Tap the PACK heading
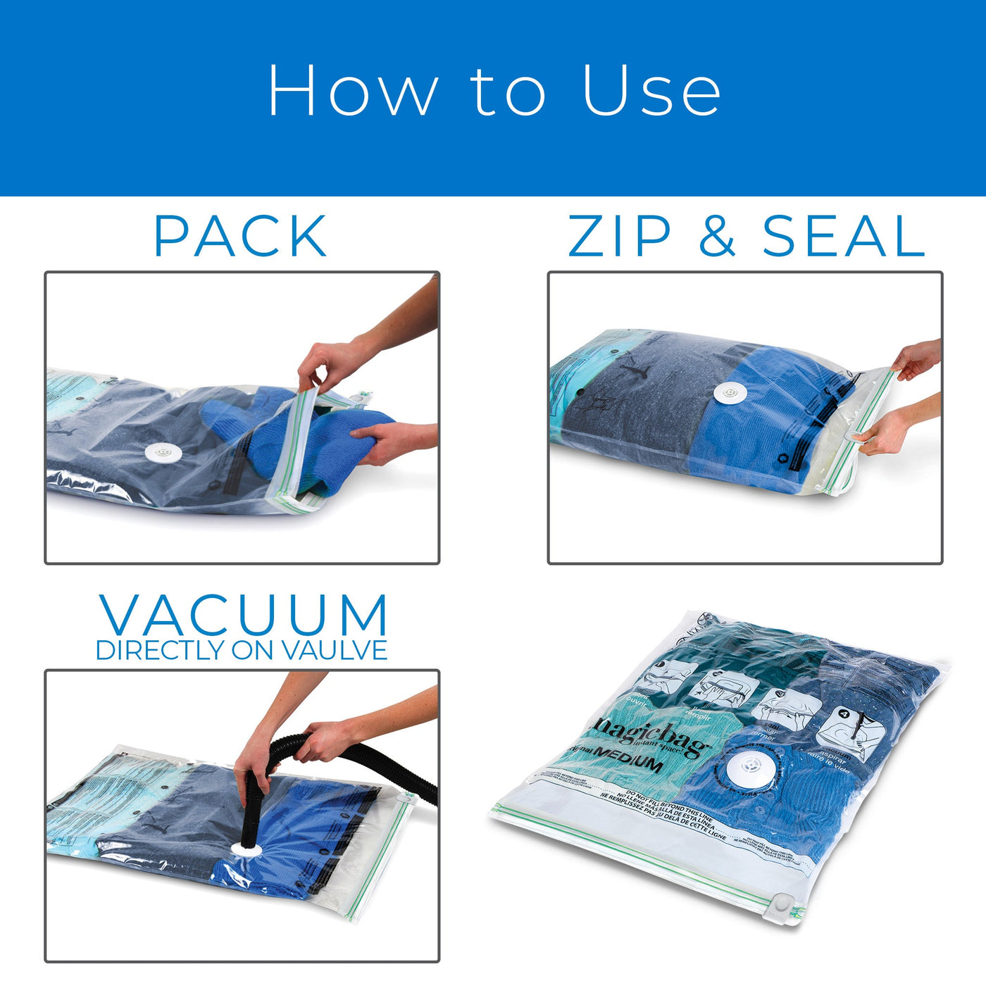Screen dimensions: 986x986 pyautogui.click(x=240, y=237)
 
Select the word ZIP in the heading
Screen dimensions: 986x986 pyautogui.click(x=619, y=237)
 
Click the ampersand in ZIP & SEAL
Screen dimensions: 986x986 pyautogui.click(x=717, y=237)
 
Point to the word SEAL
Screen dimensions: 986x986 pyautogui.click(x=843, y=237)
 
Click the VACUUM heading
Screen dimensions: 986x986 pyautogui.click(x=243, y=616)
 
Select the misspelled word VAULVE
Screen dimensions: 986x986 pyautogui.click(x=335, y=651)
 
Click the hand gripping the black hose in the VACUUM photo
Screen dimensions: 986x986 pyautogui.click(x=324, y=739)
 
